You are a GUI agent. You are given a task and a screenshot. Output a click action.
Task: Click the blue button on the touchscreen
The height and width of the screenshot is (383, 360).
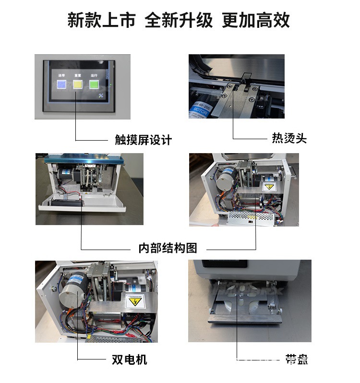point(61,85)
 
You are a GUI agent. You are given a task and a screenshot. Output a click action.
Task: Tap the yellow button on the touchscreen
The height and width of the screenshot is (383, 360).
point(77,85)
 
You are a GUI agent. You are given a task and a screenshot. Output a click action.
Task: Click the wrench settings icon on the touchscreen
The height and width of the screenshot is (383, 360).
point(101,96)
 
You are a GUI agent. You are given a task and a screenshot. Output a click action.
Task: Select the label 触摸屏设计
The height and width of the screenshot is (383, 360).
point(143,140)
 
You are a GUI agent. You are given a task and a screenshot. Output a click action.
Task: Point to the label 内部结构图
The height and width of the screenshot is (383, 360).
point(168,248)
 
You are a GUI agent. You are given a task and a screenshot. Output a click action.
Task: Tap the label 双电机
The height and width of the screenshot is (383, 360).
point(130,359)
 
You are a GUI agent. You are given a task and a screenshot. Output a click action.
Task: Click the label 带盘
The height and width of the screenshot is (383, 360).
point(296,359)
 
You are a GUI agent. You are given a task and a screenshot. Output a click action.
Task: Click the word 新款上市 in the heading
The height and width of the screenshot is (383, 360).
point(101,21)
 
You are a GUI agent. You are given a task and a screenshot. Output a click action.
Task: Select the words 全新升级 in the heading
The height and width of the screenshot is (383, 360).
point(178,21)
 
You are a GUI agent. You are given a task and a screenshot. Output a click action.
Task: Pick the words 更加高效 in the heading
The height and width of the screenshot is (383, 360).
point(255,21)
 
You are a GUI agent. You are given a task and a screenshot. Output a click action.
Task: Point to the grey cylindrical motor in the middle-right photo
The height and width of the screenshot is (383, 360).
point(225,180)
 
